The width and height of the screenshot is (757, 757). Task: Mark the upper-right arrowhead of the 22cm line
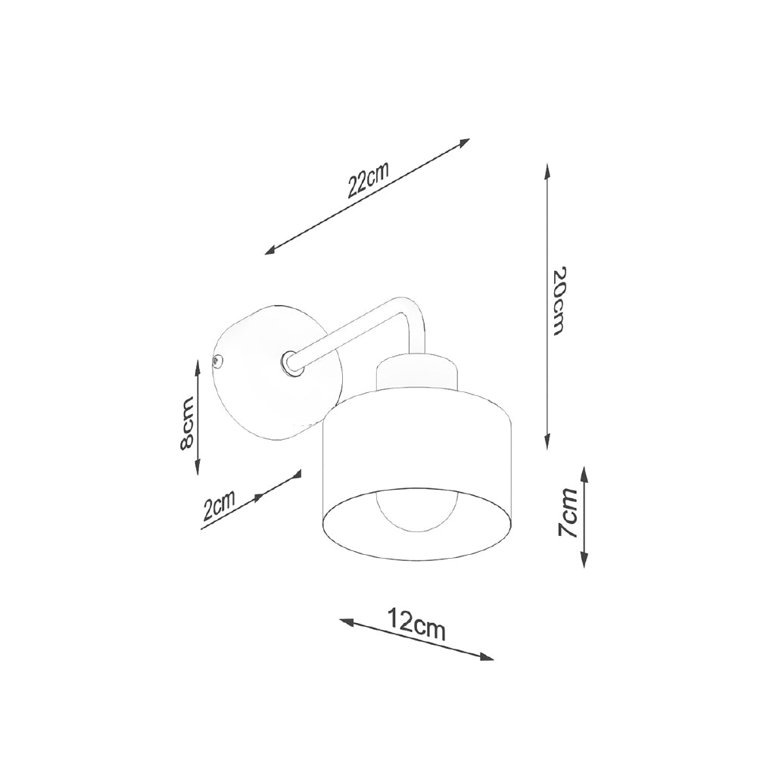coord(464,142)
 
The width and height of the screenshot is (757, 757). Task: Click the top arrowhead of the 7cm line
coord(585,472)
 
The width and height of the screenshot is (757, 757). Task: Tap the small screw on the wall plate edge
coord(218,362)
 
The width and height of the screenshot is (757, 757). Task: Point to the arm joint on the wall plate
coord(289,363)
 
